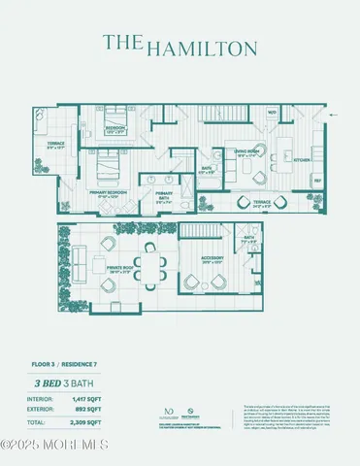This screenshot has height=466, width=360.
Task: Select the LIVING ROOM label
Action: coord(249,151)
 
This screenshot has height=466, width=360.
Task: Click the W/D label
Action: coord(273,139)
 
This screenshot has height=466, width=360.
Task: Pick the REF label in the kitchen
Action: coord(317,181)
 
